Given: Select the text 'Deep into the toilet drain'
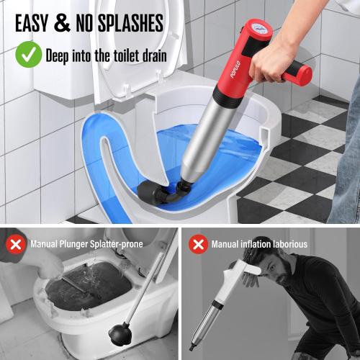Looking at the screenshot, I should [107, 54].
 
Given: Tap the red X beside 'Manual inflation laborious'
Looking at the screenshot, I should [198, 244].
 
